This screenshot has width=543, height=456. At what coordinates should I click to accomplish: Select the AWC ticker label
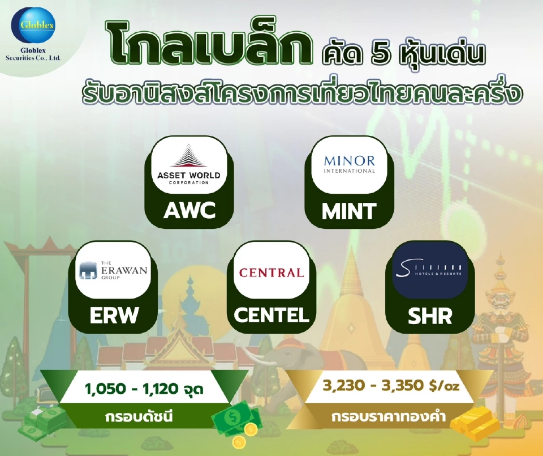[x=189, y=210]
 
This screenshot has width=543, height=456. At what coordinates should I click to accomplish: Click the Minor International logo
[x=349, y=164]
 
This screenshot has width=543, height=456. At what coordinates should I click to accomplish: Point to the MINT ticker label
[x=349, y=211]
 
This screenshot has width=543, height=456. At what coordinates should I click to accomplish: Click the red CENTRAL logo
[x=271, y=272]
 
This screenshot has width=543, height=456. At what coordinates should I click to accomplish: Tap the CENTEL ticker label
[x=271, y=315]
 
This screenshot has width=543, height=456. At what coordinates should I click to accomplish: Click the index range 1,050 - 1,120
[x=144, y=390]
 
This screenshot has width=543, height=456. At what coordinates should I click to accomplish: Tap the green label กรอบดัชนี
[x=138, y=418]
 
